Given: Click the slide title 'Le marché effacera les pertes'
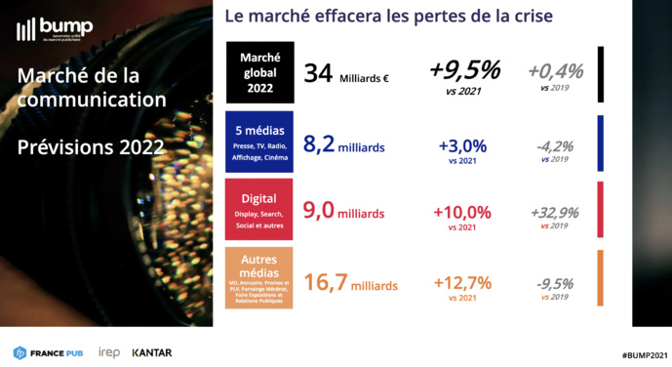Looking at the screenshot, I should pyautogui.click(x=388, y=17).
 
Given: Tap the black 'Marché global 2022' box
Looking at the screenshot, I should pyautogui.click(x=260, y=73).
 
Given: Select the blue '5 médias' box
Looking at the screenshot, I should pyautogui.click(x=260, y=142).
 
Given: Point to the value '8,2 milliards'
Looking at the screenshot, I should pyautogui.click(x=343, y=145).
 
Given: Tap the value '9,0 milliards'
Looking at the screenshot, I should pyautogui.click(x=343, y=213).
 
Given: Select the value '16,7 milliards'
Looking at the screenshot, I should pyautogui.click(x=350, y=284).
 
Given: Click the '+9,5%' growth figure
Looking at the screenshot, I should pyautogui.click(x=464, y=70).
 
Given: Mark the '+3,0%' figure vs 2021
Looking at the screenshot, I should pyautogui.click(x=461, y=145).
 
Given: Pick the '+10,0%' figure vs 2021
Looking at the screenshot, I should pyautogui.click(x=463, y=212).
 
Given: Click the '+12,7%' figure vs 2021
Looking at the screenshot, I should pyautogui.click(x=463, y=283).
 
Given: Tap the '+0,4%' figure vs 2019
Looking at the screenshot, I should pyautogui.click(x=555, y=71).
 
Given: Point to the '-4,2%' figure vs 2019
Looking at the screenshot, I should pyautogui.click(x=554, y=146).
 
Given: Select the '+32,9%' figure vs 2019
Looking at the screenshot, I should pyautogui.click(x=554, y=213).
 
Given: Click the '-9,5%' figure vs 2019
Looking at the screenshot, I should pyautogui.click(x=554, y=284).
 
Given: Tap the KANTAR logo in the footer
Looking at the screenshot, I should pyautogui.click(x=152, y=352).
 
